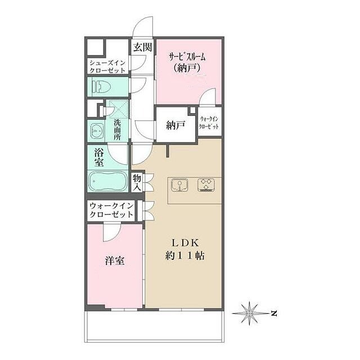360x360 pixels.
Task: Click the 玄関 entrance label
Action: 142,47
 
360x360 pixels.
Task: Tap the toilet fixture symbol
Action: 101,87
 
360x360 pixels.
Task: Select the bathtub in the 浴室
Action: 107,181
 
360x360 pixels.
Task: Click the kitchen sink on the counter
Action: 179,185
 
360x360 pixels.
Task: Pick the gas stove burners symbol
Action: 206,185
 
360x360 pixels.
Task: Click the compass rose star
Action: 250,313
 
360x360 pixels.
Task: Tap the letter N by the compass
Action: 273,313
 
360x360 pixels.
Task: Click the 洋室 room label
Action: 115,261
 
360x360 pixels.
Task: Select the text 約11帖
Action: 185,255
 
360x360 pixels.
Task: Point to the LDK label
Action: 185,243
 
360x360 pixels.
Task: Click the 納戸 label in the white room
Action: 175,125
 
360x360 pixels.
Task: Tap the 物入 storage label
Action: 137,182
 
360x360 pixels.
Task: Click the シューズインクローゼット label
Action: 107,66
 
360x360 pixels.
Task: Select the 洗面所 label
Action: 118,130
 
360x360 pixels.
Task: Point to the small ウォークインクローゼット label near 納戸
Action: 209,123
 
